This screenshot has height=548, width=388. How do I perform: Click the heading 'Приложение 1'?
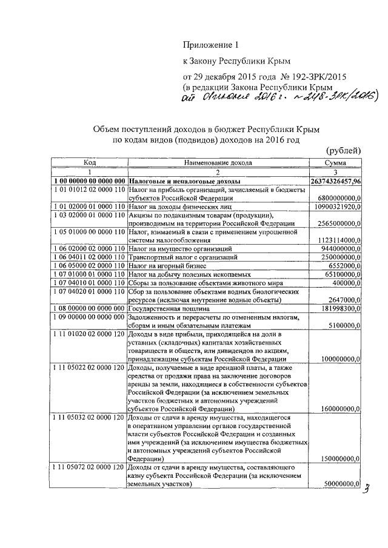tap(207, 45)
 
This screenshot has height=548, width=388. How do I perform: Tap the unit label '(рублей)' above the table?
tap(344, 151)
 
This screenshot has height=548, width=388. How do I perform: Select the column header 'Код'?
tap(89, 163)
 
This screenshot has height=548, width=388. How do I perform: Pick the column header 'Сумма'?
tap(335, 163)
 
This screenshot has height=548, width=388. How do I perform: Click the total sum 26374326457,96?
tap(336, 181)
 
